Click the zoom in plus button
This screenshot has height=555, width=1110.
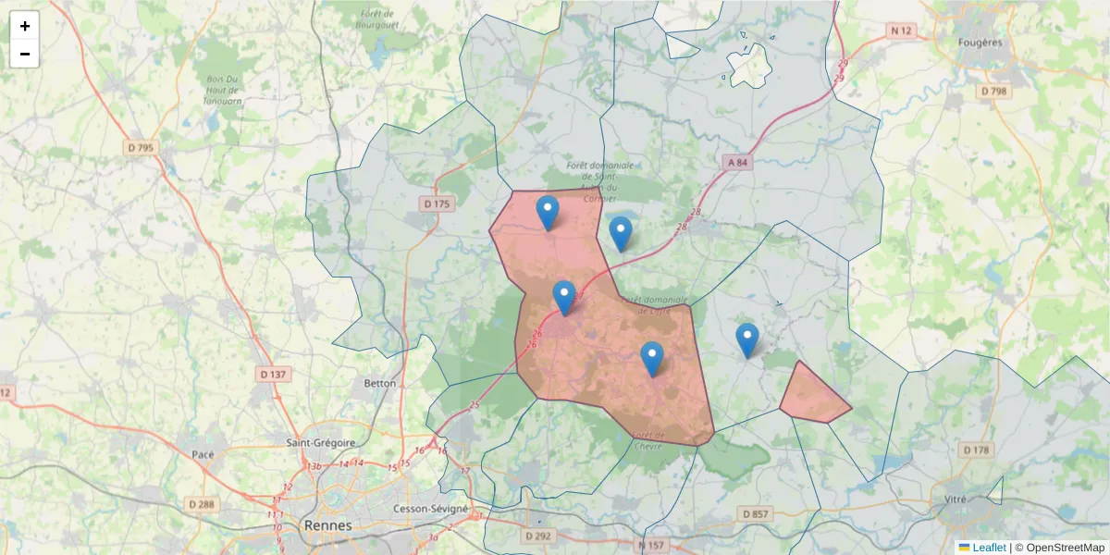click(25, 26)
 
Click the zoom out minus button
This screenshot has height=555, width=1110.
click(25, 54)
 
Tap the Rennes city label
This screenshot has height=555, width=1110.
click(327, 525)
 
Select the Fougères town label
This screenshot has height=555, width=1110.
click(980, 43)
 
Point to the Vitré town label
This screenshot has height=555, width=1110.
click(955, 499)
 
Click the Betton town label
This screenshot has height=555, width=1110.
click(380, 383)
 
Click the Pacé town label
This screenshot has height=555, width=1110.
click(203, 454)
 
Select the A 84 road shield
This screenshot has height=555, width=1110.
click(736, 163)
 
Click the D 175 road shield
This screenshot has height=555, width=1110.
click(437, 203)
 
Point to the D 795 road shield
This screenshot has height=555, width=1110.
click(142, 147)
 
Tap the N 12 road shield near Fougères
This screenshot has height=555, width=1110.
click(901, 31)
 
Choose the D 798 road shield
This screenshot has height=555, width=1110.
click(994, 91)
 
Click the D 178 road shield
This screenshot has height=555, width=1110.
click(976, 450)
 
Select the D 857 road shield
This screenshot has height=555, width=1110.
click(755, 513)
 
